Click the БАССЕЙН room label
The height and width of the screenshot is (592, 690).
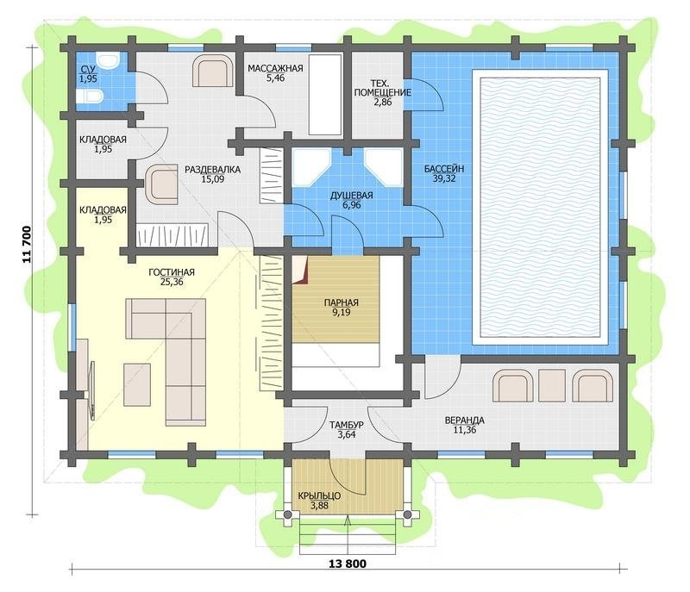[444, 169]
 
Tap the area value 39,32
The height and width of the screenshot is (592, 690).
[444, 178]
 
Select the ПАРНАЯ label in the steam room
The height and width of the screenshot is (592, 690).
[341, 302]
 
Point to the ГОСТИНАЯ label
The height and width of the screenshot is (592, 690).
[171, 272]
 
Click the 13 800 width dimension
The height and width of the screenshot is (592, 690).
[348, 564]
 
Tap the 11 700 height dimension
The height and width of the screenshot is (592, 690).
[27, 245]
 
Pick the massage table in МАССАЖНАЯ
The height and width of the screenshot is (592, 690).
[325, 95]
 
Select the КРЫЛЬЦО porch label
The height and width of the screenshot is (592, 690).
[319, 496]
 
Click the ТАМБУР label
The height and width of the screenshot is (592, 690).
[347, 425]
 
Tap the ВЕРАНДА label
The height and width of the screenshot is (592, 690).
[465, 421]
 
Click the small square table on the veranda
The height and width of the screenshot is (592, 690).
[552, 385]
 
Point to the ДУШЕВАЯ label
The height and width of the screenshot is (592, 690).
[352, 196]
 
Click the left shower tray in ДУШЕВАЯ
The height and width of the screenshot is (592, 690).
[311, 168]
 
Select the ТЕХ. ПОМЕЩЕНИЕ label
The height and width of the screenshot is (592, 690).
[382, 87]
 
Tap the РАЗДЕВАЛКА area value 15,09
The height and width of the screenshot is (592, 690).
[212, 179]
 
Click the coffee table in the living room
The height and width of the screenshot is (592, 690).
[137, 384]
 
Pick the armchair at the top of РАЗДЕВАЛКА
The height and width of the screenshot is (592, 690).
[213, 71]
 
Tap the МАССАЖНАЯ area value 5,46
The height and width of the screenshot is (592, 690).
[275, 78]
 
